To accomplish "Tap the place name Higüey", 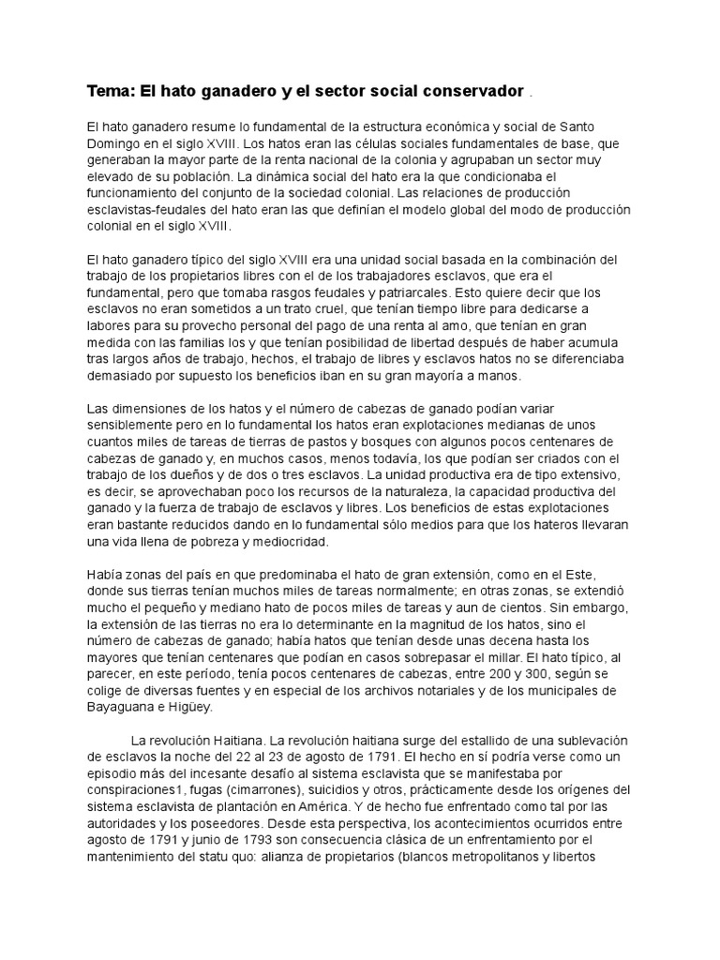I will pos(188,708).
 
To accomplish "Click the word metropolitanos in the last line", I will pos(520,858).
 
